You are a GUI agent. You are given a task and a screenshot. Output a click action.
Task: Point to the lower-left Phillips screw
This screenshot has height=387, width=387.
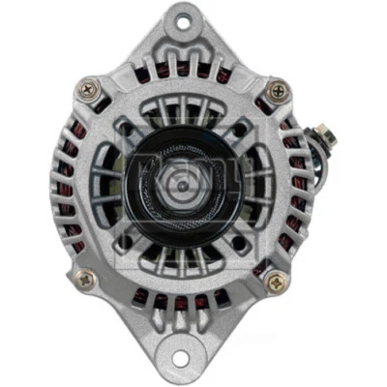click(x=83, y=280)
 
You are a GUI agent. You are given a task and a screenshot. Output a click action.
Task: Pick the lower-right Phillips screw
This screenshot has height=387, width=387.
click(x=278, y=282)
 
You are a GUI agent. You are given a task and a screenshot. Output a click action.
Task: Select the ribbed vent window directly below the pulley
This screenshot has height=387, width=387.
click(x=181, y=253)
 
